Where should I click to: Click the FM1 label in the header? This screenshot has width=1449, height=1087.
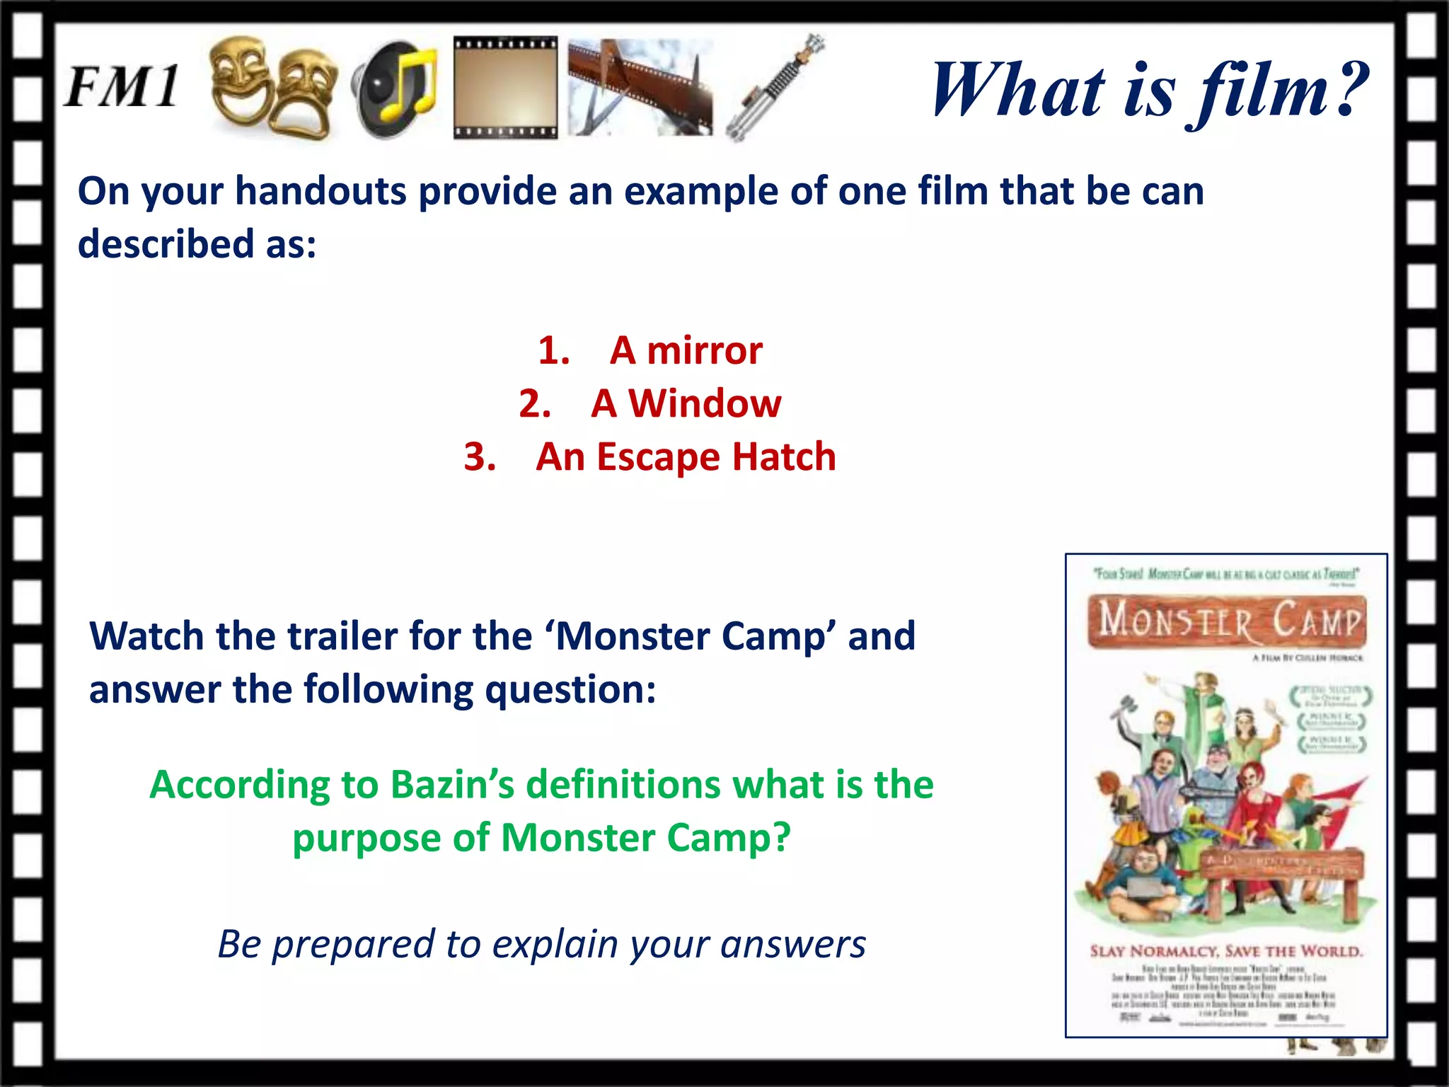122,88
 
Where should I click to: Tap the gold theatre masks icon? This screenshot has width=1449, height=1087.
273,88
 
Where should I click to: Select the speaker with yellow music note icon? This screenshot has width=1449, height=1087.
395,89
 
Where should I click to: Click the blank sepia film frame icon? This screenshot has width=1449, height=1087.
505,88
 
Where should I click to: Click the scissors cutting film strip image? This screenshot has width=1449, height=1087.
640,88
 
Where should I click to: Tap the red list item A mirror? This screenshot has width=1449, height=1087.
686,350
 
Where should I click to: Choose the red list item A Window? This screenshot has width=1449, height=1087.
686,403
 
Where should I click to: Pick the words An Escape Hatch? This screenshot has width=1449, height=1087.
686,456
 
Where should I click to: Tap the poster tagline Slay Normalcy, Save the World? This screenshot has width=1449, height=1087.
1226,951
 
